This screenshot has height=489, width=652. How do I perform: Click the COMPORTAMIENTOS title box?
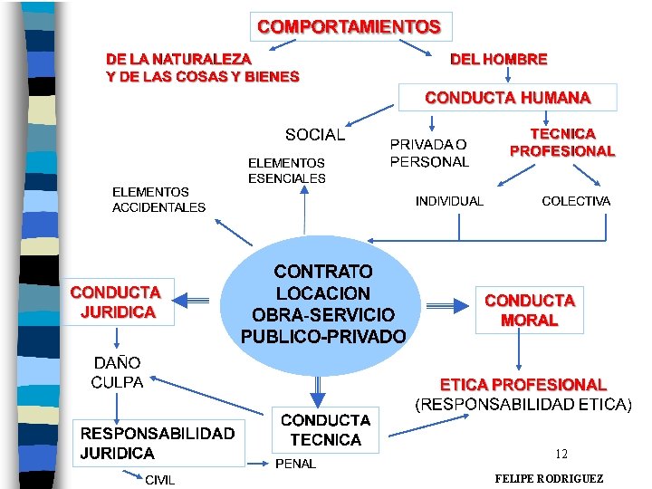click(x=350, y=26)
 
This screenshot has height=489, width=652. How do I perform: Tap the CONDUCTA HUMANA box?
click(x=507, y=98)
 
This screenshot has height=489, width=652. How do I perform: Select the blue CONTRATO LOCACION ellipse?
click(x=323, y=303)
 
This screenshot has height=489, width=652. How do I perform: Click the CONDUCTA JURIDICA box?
click(x=115, y=302)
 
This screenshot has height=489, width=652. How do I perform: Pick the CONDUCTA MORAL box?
click(x=529, y=310)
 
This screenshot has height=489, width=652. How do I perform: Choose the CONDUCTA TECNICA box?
click(x=325, y=430)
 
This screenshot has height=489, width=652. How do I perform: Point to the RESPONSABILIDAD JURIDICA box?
click(x=157, y=444)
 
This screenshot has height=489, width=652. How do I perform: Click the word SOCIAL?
click(x=314, y=135)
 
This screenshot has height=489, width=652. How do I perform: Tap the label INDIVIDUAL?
click(x=449, y=201)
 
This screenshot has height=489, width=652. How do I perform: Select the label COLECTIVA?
click(x=575, y=201)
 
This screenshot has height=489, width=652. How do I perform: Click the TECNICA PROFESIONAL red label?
click(x=562, y=143)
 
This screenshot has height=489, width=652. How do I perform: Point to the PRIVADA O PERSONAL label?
click(x=429, y=153)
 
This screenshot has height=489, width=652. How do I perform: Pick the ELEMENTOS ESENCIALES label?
click(x=286, y=170)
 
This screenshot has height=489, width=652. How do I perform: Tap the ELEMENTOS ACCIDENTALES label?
click(x=158, y=199)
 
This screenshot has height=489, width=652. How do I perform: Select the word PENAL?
click(x=295, y=464)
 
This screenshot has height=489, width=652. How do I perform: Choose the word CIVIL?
click(x=160, y=480)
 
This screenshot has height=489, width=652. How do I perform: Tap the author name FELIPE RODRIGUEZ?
click(x=549, y=478)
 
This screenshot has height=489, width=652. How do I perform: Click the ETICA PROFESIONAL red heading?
click(x=523, y=385)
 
